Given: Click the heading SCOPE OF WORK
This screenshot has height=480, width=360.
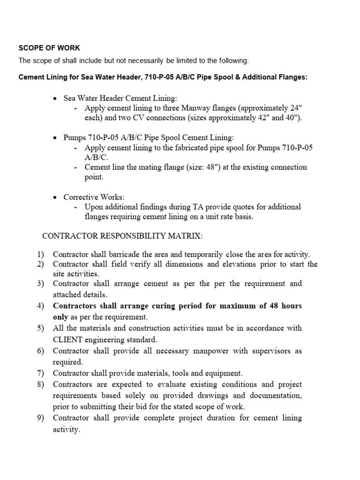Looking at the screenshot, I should [x=49, y=48].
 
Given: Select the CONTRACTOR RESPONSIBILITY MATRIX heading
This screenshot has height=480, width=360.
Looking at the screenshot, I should [x=123, y=235].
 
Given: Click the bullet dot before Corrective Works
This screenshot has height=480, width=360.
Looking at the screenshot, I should [x=56, y=197].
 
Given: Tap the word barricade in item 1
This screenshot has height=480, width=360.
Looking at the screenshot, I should [x=127, y=255].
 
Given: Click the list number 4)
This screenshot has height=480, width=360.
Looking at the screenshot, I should [x=40, y=306].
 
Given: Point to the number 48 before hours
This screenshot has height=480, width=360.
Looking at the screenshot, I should [x=275, y=306].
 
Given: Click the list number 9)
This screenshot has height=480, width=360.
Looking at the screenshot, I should [x=40, y=418].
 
